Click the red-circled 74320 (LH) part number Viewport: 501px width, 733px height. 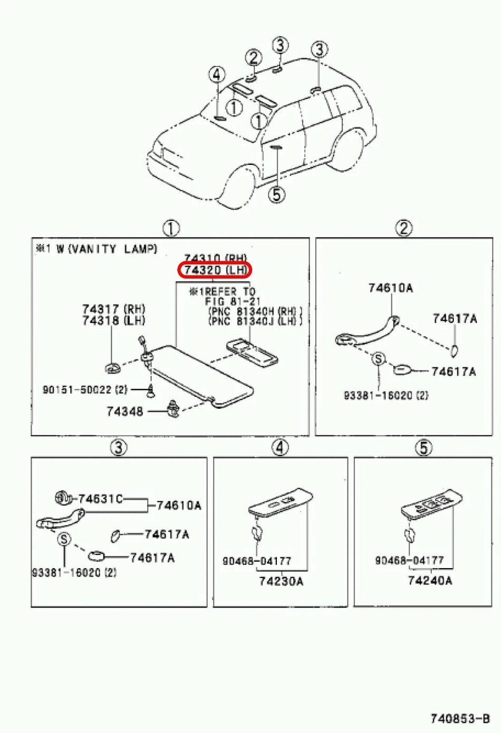pyautogui.click(x=215, y=270)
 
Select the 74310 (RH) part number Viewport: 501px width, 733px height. pyautogui.click(x=215, y=258)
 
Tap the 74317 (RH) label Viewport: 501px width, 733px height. pyautogui.click(x=113, y=309)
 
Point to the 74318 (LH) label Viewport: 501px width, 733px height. pyautogui.click(x=113, y=320)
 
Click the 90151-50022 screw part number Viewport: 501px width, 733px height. pyautogui.click(x=85, y=390)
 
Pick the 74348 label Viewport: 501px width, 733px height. pyautogui.click(x=124, y=411)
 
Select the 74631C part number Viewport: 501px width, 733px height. pyautogui.click(x=100, y=499)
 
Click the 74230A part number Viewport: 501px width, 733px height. pyautogui.click(x=281, y=581)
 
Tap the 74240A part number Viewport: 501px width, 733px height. pyautogui.click(x=430, y=581)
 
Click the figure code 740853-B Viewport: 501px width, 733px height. pyautogui.click(x=460, y=718)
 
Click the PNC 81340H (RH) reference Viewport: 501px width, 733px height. pyautogui.click(x=255, y=311)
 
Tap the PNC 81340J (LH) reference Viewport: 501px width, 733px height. pyautogui.click(x=255, y=321)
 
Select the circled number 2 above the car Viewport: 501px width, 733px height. pyautogui.click(x=254, y=58)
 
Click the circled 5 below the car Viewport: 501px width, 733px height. pyautogui.click(x=276, y=194)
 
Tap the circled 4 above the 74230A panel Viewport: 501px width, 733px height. pyautogui.click(x=280, y=447)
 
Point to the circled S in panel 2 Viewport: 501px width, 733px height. pyautogui.click(x=378, y=359)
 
